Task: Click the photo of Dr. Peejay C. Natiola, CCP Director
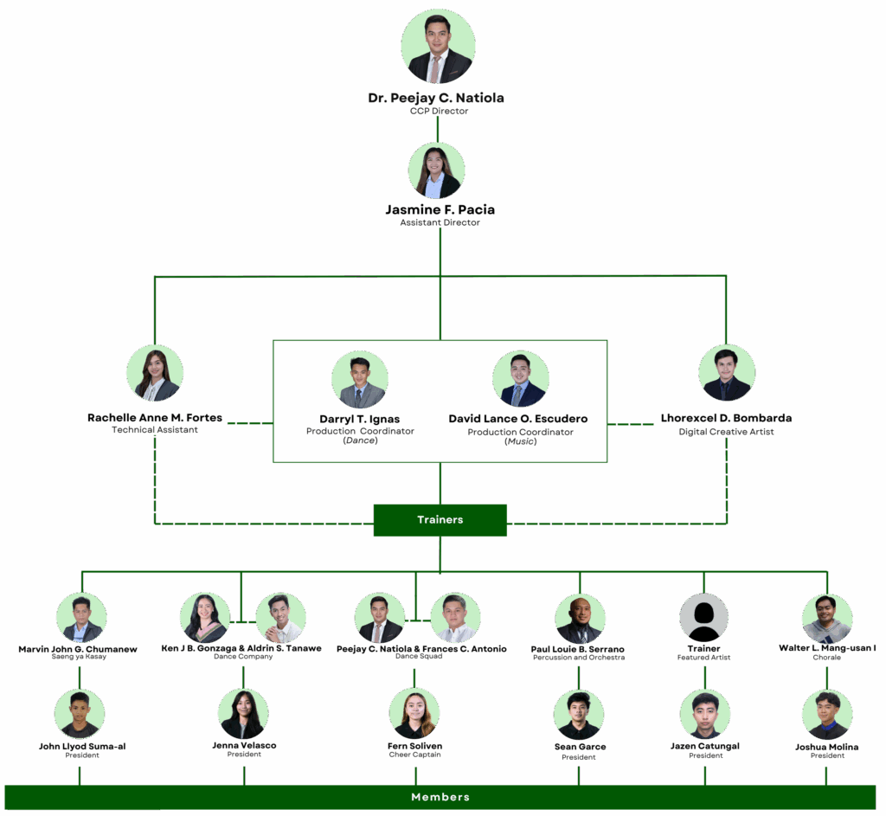[x=438, y=47]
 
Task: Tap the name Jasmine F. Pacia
[x=440, y=209]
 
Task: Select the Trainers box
[x=440, y=520]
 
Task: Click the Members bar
[x=440, y=797]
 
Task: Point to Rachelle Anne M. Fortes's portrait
[x=155, y=373]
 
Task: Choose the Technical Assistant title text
[x=155, y=430]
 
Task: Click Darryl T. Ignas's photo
[x=360, y=379]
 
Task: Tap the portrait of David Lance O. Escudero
[x=521, y=379]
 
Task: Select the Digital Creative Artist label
[x=726, y=432]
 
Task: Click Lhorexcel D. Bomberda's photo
[x=726, y=373]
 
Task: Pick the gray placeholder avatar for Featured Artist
[x=703, y=617]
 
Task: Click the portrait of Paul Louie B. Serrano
[x=580, y=618]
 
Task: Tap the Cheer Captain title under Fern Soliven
[x=415, y=755]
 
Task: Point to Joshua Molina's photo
[x=827, y=714]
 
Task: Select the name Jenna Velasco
[x=244, y=745]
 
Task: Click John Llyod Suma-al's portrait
[x=80, y=714]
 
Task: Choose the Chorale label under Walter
[x=826, y=658]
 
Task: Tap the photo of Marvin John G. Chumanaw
[x=81, y=617]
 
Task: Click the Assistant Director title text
[x=440, y=222]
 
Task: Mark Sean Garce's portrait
[x=579, y=714]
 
